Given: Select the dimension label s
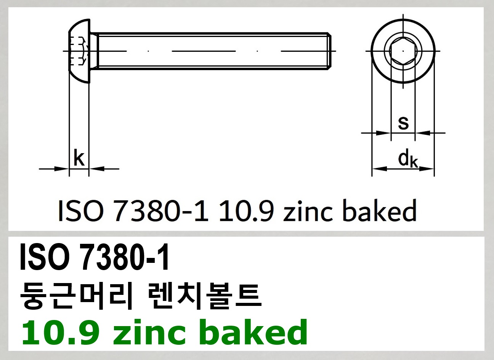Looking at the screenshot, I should (403, 123).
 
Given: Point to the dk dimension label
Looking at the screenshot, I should (408, 159).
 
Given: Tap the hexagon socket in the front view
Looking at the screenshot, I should (403, 51).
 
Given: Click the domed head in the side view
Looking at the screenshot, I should (79, 51).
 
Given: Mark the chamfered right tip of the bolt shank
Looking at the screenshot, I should (329, 51).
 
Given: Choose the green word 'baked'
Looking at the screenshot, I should (253, 332).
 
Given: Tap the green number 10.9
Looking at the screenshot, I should (61, 332).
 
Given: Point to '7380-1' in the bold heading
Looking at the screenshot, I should (125, 258).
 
